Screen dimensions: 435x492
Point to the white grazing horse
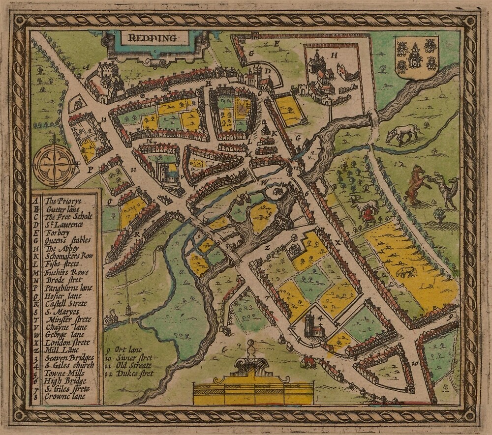(x=402, y=133)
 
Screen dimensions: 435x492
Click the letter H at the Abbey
(x=334, y=56)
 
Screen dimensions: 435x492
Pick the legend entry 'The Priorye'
(x=63, y=201)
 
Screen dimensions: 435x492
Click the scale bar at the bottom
(x=253, y=393)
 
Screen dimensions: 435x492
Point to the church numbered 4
(x=312, y=325)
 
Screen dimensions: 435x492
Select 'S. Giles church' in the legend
(x=67, y=366)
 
